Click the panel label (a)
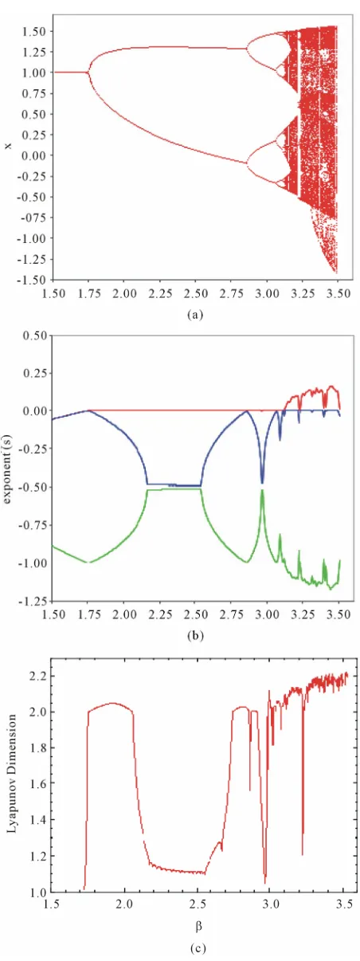[x=195, y=315]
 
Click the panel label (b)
[x=195, y=635]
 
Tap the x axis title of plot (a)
[x=8, y=147]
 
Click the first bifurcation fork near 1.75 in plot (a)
[x=88, y=73]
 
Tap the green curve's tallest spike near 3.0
[x=262, y=490]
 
